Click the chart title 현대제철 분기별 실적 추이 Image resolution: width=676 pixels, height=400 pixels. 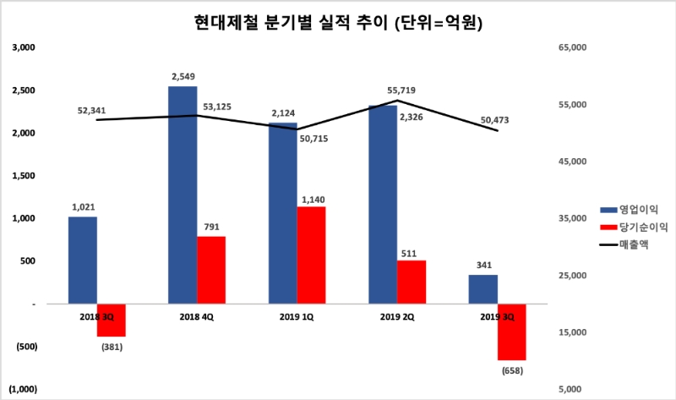pyautogui.click(x=338, y=23)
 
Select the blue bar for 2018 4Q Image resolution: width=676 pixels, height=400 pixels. pyautogui.click(x=183, y=195)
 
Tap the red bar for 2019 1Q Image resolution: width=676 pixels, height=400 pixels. pyautogui.click(x=311, y=255)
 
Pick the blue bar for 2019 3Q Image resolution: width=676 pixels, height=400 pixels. pyautogui.click(x=482, y=289)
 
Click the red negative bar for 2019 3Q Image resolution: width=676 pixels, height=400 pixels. pyautogui.click(x=511, y=332)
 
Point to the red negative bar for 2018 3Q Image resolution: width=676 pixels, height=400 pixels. pyautogui.click(x=112, y=321)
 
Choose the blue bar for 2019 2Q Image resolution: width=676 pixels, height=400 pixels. pyautogui.click(x=383, y=204)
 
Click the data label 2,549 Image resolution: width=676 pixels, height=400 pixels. pyautogui.click(x=183, y=77)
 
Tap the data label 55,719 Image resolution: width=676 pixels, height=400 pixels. pyautogui.click(x=400, y=90)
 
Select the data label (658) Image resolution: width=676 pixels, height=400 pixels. pyautogui.click(x=511, y=370)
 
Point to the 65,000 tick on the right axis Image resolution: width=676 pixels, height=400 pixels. pyautogui.click(x=572, y=47)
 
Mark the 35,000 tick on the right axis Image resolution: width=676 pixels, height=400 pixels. pyautogui.click(x=572, y=218)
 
